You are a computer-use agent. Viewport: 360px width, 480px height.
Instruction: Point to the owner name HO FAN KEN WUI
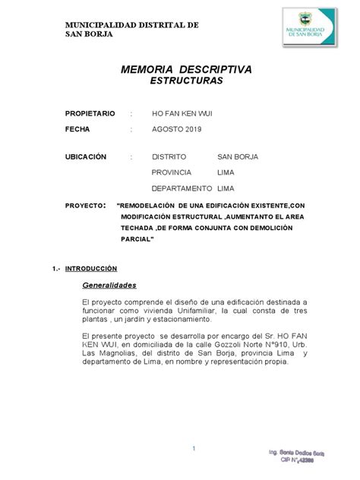(x=183, y=113)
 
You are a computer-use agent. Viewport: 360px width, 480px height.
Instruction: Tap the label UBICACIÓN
(x=86, y=156)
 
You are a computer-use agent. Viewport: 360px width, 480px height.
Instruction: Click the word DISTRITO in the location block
(x=171, y=156)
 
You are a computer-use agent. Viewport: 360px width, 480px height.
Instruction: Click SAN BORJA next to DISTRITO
(x=238, y=156)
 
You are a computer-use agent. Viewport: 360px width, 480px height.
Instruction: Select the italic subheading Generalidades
(x=109, y=286)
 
